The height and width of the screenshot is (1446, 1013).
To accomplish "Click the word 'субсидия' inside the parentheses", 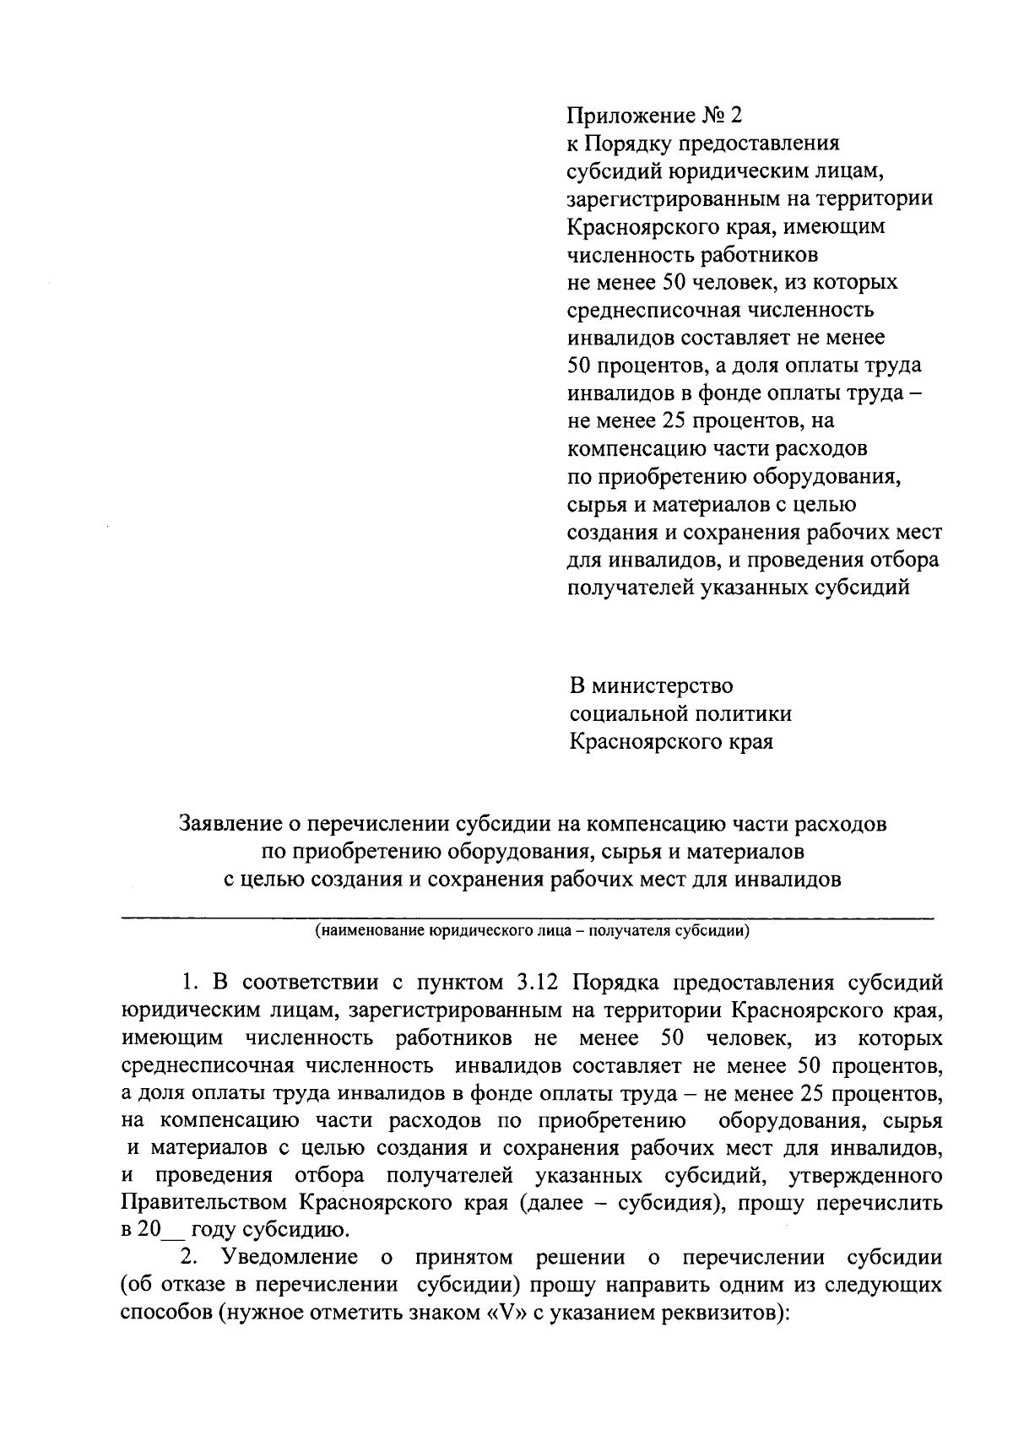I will (663, 1202).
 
